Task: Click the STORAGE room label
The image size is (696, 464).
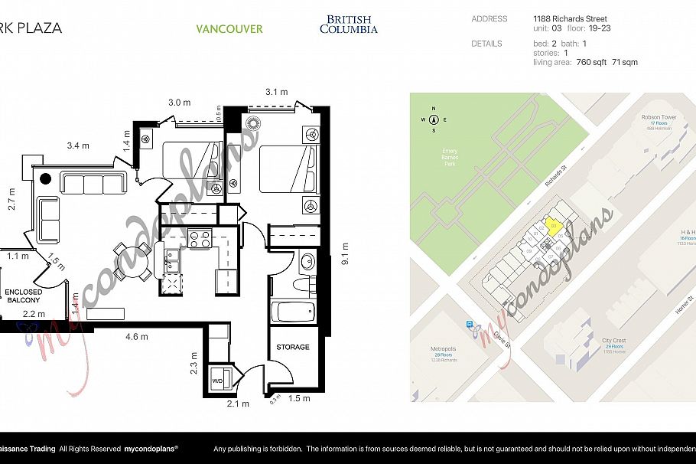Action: point(293,347)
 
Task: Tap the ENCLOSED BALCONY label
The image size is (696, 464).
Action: point(23,296)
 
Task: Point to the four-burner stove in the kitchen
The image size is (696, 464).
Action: point(199,240)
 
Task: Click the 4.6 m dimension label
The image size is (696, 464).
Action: point(138,336)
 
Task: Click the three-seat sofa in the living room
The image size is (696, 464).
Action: point(93,184)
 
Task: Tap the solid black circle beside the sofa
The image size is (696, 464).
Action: point(45,179)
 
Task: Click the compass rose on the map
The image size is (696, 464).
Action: point(434,119)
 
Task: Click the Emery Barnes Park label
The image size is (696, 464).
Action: point(450,157)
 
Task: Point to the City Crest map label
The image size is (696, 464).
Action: point(613,341)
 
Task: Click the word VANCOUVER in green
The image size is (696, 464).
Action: point(229,29)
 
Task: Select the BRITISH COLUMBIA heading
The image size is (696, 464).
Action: point(348,25)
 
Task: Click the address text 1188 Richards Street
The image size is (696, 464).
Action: point(570,18)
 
